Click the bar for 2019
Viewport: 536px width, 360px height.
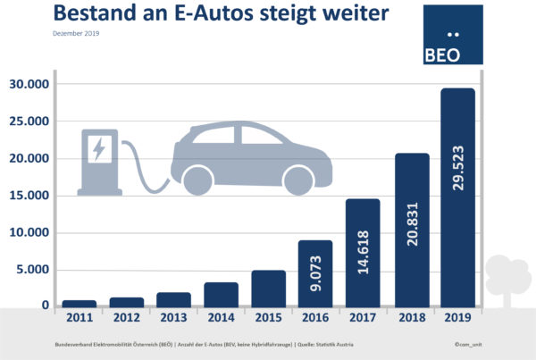457,197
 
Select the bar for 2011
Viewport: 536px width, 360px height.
79,303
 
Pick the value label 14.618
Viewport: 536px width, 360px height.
362,251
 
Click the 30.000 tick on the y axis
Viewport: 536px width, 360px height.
30,85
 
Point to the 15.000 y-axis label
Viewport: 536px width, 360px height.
30,196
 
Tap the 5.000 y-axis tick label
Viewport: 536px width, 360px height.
35,270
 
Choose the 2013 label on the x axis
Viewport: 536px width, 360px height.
173,316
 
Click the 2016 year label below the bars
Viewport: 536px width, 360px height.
314,316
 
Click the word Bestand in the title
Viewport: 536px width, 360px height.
99,14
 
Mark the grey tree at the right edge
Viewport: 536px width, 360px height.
507,279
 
